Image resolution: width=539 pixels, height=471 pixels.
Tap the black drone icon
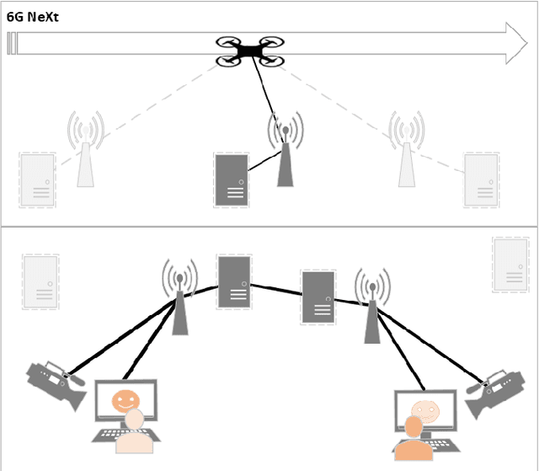tap(248, 51)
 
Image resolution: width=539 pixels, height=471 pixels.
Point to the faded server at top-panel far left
tap(36, 179)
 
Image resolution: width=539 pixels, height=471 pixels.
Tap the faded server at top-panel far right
tap(482, 179)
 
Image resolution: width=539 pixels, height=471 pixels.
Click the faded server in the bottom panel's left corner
tap(40, 281)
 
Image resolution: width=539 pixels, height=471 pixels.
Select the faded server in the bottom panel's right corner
tap(510, 265)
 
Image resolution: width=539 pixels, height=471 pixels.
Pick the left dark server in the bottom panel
tap(234, 281)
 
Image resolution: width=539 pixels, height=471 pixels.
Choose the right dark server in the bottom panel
tap(318, 297)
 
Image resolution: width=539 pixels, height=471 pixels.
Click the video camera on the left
tap(57, 383)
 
